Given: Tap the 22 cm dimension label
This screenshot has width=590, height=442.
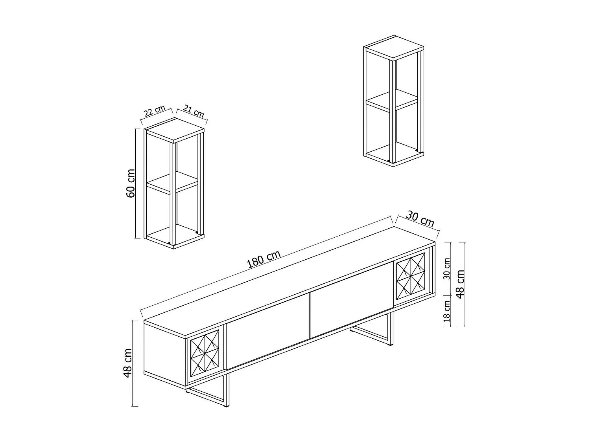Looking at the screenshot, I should [x=154, y=111].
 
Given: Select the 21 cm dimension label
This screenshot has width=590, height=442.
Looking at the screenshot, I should [x=194, y=111].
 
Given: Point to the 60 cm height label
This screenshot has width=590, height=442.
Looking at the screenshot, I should [x=131, y=183].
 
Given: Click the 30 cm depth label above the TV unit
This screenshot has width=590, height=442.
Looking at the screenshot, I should [x=420, y=219].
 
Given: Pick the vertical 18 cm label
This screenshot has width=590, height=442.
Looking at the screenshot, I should [x=447, y=311].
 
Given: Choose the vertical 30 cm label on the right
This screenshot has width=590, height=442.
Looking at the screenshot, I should [x=447, y=269].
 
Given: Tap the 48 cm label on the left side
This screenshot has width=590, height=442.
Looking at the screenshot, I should [x=128, y=363].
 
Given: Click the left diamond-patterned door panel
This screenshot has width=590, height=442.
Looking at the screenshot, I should [x=205, y=353].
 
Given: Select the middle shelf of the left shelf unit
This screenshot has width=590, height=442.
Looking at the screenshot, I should [x=172, y=182].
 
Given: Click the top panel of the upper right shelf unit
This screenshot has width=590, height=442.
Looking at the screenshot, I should [x=394, y=46].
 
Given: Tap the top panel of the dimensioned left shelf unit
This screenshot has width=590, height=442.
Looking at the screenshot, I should [x=174, y=128].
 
